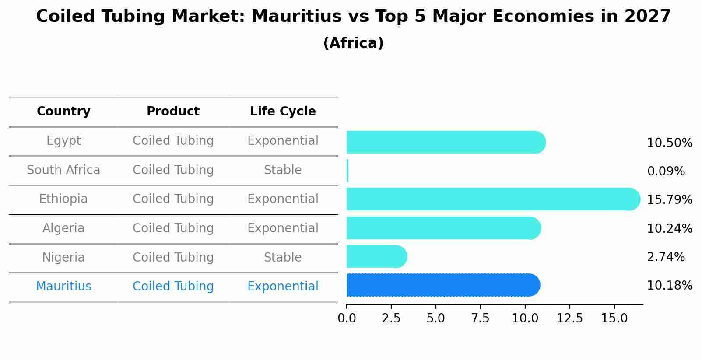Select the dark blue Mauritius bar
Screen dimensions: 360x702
(x=442, y=285)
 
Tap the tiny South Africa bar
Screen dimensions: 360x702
(x=347, y=171)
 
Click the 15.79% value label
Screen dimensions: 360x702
(x=669, y=200)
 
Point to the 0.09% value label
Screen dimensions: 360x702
(x=666, y=171)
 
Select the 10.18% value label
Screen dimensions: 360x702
(x=669, y=286)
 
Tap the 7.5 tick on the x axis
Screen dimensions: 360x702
(x=480, y=318)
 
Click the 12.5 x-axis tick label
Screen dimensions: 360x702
(x=569, y=318)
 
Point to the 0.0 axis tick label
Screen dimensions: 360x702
(x=347, y=318)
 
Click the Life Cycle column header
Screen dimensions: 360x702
(x=283, y=112)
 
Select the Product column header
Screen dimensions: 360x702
(x=173, y=112)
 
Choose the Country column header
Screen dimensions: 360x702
(x=63, y=112)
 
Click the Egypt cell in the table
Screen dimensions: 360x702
(x=63, y=141)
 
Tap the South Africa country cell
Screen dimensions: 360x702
(x=63, y=170)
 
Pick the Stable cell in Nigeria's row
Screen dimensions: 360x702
(x=283, y=258)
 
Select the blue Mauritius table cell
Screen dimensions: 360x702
(x=63, y=287)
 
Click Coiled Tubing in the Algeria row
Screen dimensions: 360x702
(x=173, y=228)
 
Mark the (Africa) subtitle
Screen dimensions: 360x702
(x=353, y=43)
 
